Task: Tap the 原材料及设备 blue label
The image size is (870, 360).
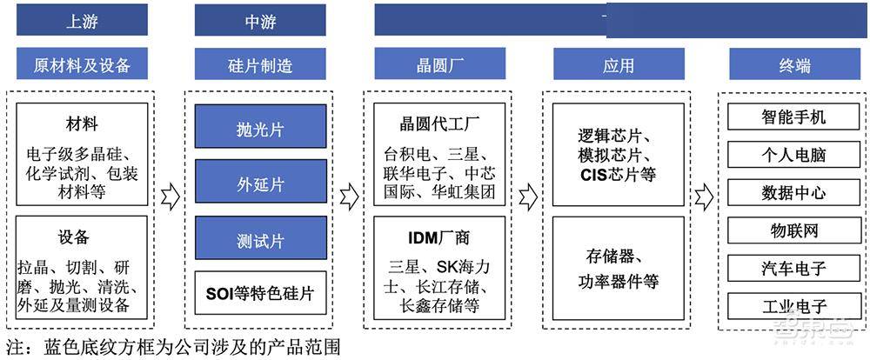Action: click(x=82, y=63)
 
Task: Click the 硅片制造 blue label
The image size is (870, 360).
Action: click(x=260, y=63)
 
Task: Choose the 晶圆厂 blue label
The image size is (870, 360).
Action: click(x=440, y=63)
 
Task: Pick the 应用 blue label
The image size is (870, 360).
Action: click(x=619, y=63)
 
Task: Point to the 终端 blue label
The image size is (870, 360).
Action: click(x=794, y=63)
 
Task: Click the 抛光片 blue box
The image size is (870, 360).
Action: click(x=261, y=126)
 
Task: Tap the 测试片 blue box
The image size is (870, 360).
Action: click(x=261, y=238)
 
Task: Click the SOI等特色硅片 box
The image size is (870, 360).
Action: click(x=261, y=293)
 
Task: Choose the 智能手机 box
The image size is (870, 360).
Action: click(x=794, y=117)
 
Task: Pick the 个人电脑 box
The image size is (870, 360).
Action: click(x=794, y=155)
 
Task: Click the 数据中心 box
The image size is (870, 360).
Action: click(x=794, y=192)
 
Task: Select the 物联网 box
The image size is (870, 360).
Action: click(x=794, y=230)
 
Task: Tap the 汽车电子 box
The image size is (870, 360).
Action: click(x=794, y=269)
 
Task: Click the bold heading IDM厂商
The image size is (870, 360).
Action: click(x=439, y=238)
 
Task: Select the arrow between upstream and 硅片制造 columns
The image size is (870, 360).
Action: click(x=171, y=197)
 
